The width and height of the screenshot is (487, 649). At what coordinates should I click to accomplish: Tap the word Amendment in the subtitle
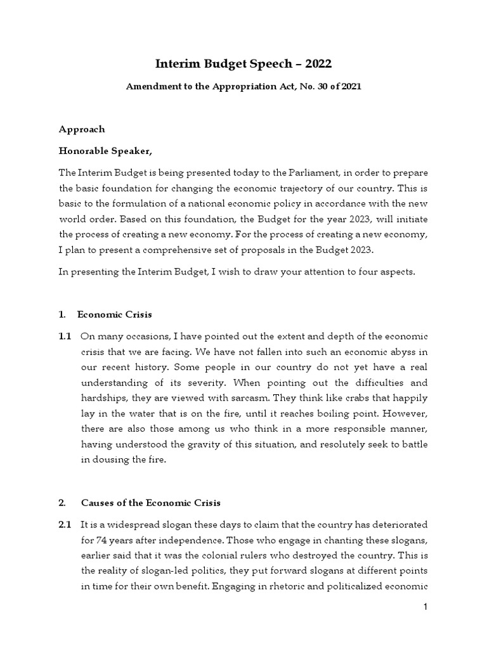pos(152,87)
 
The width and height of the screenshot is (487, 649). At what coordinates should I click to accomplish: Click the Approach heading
pos(82,129)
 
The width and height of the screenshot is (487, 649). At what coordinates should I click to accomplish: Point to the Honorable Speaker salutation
pos(106,151)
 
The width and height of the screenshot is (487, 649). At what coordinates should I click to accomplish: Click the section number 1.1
pos(65,335)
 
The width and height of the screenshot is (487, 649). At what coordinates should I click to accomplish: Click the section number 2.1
pos(65,525)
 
